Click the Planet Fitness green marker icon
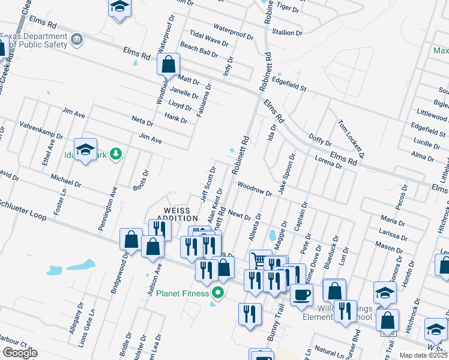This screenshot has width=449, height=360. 218,293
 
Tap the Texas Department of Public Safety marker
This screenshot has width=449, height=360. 77,40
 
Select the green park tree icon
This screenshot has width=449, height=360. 115,155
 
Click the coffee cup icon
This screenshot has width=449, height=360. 301,294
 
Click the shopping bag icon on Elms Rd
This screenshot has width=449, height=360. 169,63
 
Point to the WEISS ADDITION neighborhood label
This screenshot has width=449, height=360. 177,214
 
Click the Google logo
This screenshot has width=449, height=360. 20,353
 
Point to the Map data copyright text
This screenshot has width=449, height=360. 423,355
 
